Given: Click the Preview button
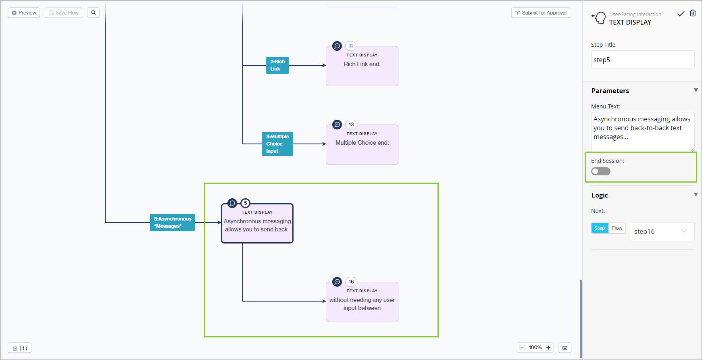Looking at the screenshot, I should click(x=24, y=13).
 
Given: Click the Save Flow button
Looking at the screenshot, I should click(x=64, y=13).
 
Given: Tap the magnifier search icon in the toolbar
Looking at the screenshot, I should click(x=94, y=13).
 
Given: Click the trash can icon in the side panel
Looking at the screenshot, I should click(x=693, y=13).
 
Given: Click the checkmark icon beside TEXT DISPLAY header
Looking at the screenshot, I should click(x=681, y=14).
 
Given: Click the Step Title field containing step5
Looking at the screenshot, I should click(x=642, y=60).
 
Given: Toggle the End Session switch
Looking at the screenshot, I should click(x=600, y=171).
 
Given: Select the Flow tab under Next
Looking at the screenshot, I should click(x=617, y=228).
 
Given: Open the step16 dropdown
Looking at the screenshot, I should click(x=662, y=231).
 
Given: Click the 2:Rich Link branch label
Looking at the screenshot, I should click(x=277, y=65).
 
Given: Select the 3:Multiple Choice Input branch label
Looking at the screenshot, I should click(x=277, y=144).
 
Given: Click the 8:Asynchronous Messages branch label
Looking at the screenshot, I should click(x=173, y=223).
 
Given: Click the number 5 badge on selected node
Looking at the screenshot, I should click(x=245, y=203).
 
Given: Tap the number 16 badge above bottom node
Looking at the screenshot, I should click(x=351, y=282).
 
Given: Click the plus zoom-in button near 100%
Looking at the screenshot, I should click(x=548, y=348).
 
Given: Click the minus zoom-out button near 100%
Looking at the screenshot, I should click(x=523, y=348).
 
